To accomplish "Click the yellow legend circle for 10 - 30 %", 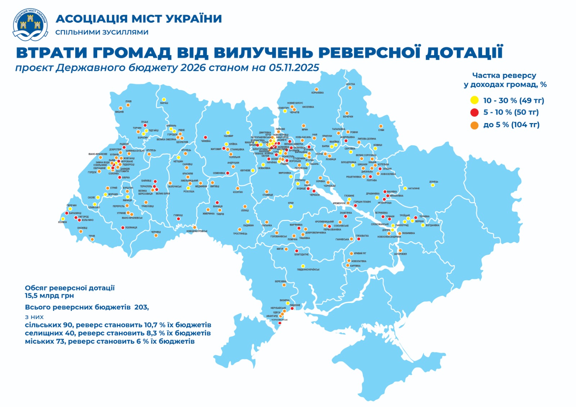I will coord(474,100).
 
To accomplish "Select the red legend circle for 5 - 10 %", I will coord(474,112).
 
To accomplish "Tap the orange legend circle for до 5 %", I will coord(474,125).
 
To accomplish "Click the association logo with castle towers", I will coord(30,24).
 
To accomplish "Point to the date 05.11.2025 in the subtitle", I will coord(294,68).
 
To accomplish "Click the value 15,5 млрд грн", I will coord(49,296).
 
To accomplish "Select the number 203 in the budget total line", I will coord(141,307).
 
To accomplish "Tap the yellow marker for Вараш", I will coord(163,99).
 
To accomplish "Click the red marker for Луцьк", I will coord(145,126).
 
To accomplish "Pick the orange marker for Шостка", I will coord(350,87).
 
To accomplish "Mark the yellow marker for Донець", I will coord(433,185).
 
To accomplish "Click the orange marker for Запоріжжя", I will coord(400,250).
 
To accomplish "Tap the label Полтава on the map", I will coord(372,180).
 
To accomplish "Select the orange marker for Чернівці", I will coord(156,236).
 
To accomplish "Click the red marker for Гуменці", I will coord(178,219).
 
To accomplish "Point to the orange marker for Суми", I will coord(381,126).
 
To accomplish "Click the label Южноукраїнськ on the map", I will coord(308,270).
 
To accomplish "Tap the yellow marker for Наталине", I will coord(405,188).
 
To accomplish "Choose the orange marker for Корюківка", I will coord(316,89).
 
